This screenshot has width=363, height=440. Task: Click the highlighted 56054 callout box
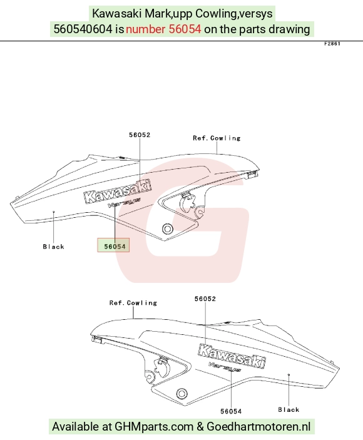pyautogui.click(x=113, y=245)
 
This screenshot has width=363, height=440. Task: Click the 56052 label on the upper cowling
pyautogui.click(x=140, y=135)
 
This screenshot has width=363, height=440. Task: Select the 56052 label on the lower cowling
pyautogui.click(x=205, y=299)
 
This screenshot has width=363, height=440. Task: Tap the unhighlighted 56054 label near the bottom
pyautogui.click(x=231, y=411)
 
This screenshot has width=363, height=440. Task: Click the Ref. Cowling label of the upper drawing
pyautogui.click(x=217, y=138)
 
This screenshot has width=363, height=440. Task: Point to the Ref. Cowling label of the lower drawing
pyautogui.click(x=133, y=303)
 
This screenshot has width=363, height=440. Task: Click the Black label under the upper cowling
pyautogui.click(x=54, y=247)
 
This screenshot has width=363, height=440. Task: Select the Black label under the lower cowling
pyautogui.click(x=289, y=410)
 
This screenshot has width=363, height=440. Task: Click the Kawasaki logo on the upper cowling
pyautogui.click(x=118, y=191)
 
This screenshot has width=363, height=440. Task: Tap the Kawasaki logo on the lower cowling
pyautogui.click(x=232, y=356)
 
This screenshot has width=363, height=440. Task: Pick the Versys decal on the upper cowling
pyautogui.click(x=124, y=202)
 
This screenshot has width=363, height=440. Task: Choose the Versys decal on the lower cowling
pyautogui.click(x=225, y=367)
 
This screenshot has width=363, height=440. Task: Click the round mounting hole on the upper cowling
pyautogui.click(x=168, y=228)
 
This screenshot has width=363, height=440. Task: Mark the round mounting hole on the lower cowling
pyautogui.click(x=181, y=393)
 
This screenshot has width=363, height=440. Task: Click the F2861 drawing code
pyautogui.click(x=332, y=44)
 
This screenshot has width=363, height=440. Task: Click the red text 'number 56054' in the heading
pyautogui.click(x=163, y=29)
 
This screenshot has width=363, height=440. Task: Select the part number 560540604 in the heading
pyautogui.click(x=83, y=29)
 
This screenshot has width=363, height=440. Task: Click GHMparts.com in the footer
pyautogui.click(x=154, y=427)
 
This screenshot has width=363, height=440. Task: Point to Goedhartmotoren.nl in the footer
pyautogui.click(x=258, y=427)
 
